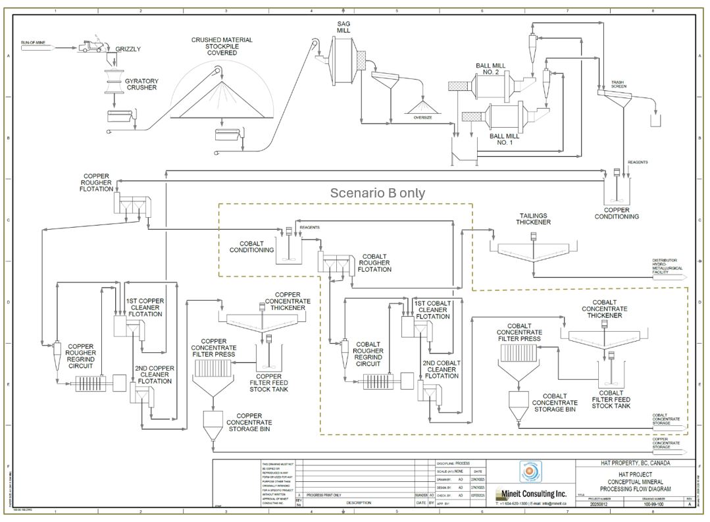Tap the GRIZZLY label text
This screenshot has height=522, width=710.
pos(128,49)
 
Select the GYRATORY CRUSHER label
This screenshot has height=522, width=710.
pos(141,84)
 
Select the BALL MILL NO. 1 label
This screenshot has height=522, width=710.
pos(505,139)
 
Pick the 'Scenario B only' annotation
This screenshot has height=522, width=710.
pos(377,193)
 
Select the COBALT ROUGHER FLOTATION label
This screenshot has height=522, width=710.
pos(374,263)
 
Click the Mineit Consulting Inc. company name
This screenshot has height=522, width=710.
pos(533,493)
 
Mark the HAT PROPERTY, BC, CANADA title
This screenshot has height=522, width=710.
pos(632,463)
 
